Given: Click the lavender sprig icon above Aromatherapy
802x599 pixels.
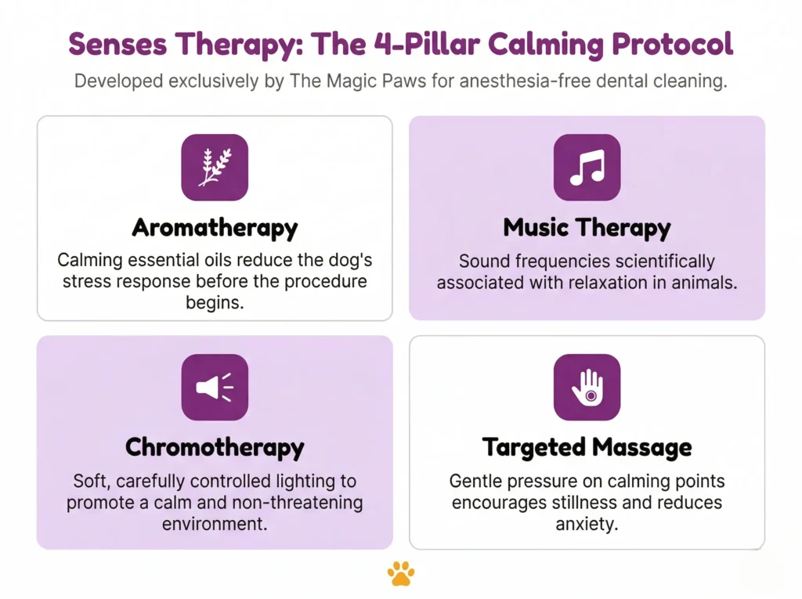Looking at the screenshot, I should pos(215,167).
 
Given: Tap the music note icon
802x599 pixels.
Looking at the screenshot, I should pos(587,167).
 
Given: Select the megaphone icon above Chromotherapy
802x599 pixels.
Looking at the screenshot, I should pos(215,387).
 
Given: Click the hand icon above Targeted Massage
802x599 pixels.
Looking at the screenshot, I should pos(587,387).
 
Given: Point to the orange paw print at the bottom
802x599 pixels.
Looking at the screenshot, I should pos(401,574).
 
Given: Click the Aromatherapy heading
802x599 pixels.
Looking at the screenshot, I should pos(215,228).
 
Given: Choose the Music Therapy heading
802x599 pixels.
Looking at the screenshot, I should pos(587,228).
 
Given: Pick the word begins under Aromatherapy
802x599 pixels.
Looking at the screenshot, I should pos(215,302).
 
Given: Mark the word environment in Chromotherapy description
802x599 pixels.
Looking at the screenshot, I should pos(215,523).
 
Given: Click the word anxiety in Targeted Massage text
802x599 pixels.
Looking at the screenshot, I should pos(587,523).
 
